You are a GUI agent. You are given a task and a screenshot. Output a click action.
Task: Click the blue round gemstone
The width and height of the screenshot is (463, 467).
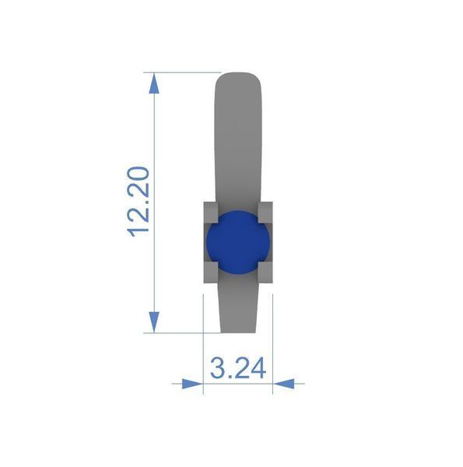pos(238,242)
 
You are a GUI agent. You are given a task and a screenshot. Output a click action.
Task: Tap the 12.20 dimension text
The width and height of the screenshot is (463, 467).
pos(138,202)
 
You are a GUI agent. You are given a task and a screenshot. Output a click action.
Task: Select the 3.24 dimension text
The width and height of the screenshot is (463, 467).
pos(238,368)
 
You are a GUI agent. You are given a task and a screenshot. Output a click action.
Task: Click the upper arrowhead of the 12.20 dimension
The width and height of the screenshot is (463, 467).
pos(154,83)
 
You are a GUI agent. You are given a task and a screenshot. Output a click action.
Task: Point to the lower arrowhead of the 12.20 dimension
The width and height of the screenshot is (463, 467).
pos(154,322)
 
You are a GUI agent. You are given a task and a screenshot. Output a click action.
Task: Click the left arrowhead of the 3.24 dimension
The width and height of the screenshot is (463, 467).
pos(192,384)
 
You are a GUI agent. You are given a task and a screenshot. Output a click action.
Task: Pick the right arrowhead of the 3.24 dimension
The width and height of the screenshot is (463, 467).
pos(284,384)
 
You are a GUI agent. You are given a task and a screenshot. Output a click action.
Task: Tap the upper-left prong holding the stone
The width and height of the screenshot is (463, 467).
pos(211,212)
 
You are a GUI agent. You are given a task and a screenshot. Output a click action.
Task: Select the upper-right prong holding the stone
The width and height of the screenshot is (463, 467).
pos(265,212)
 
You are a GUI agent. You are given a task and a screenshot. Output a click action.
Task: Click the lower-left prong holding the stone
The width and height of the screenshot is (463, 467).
pos(211,272)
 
